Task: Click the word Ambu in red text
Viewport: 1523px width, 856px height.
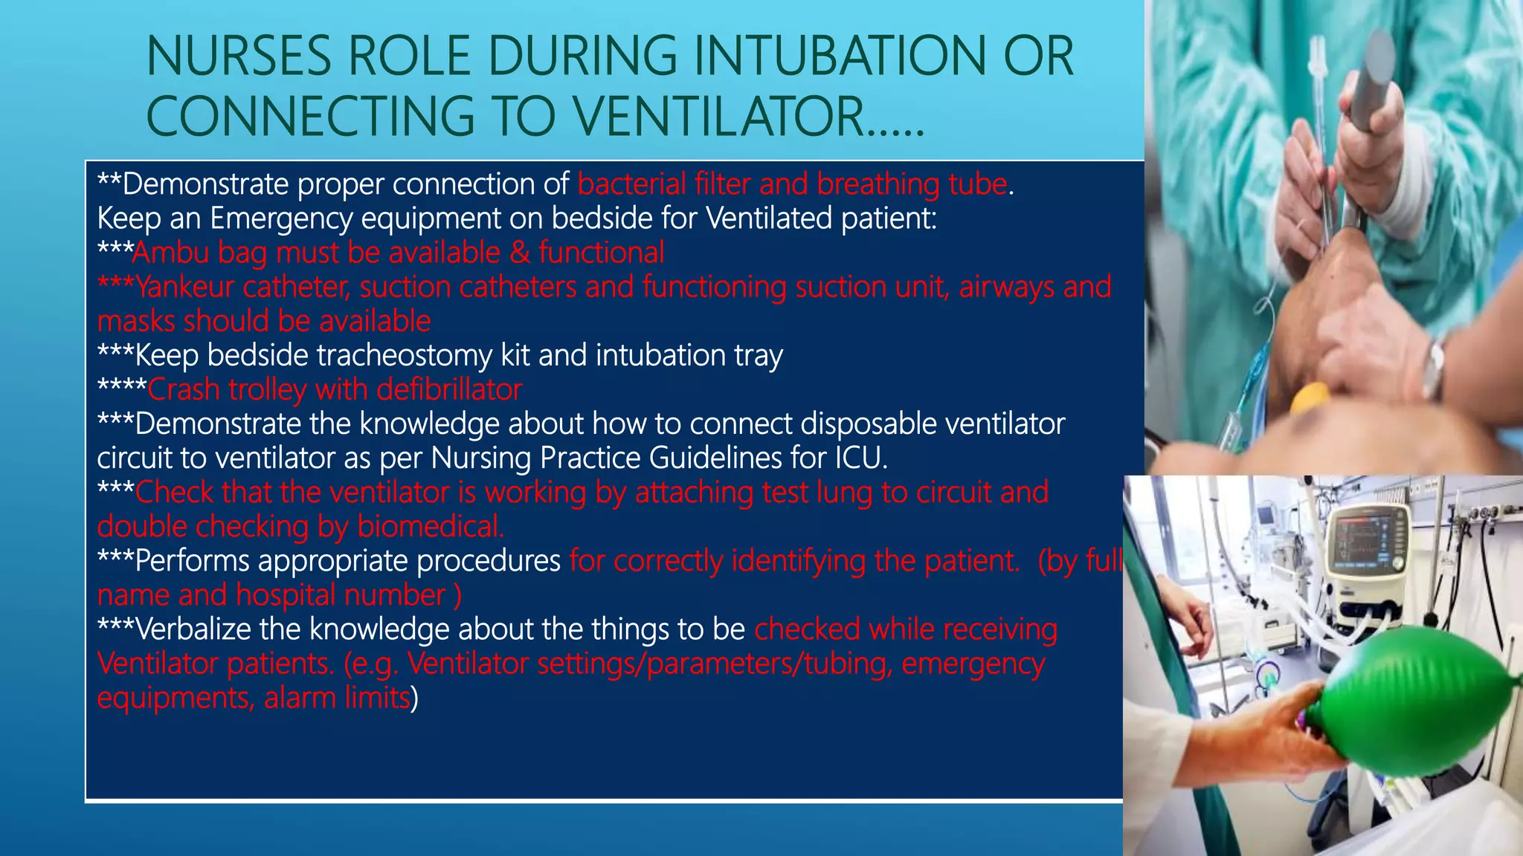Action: [171, 253]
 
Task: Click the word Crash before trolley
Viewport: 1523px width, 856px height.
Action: [183, 389]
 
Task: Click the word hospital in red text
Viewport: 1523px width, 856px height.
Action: [286, 595]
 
